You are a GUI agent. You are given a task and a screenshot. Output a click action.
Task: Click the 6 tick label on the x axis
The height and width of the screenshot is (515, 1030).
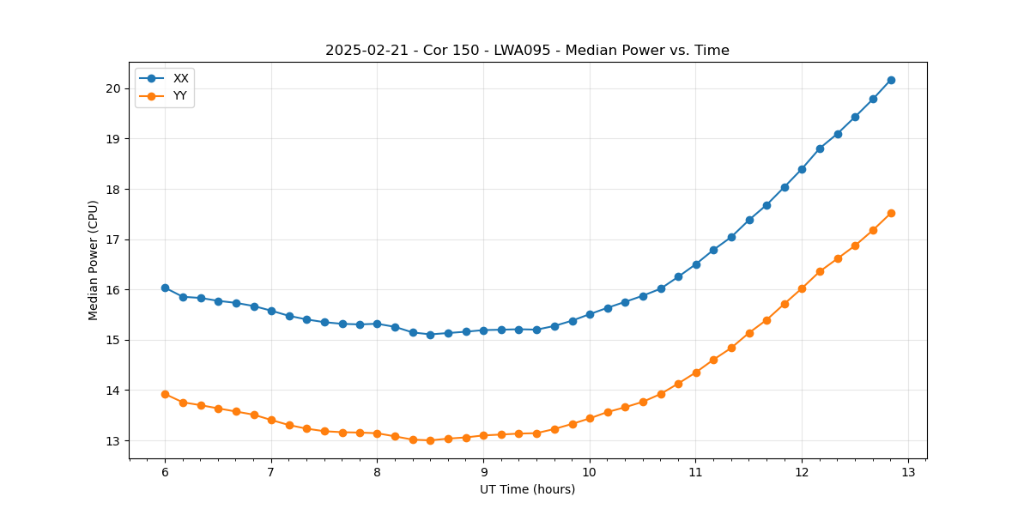pos(165,472)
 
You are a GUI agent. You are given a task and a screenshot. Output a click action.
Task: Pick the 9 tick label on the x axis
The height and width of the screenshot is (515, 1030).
pos(483,472)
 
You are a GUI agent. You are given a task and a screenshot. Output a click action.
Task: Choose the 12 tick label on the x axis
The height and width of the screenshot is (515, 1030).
pos(802,472)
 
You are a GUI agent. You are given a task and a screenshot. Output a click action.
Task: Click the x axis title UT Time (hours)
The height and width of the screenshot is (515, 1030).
pos(527,489)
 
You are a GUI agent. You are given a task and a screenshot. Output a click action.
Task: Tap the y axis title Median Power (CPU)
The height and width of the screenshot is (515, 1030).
pos(94,260)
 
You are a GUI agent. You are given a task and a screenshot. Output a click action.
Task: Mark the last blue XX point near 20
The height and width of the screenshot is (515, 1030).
pos(891,80)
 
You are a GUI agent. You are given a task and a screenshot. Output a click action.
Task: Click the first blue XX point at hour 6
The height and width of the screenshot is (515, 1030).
pos(165,288)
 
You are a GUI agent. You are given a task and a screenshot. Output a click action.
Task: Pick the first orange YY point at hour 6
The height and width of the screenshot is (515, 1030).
pos(165,394)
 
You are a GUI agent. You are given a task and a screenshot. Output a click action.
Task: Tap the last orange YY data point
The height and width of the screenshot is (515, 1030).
pos(891,213)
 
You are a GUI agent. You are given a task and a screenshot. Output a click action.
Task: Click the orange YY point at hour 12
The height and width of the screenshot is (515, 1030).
pos(802,288)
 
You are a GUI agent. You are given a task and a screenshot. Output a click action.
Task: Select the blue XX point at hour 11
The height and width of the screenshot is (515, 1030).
pos(696,264)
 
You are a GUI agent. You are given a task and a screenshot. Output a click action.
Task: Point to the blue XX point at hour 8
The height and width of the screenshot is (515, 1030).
pos(377,324)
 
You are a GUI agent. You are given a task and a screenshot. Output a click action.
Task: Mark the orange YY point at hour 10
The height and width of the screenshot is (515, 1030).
pos(590,418)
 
